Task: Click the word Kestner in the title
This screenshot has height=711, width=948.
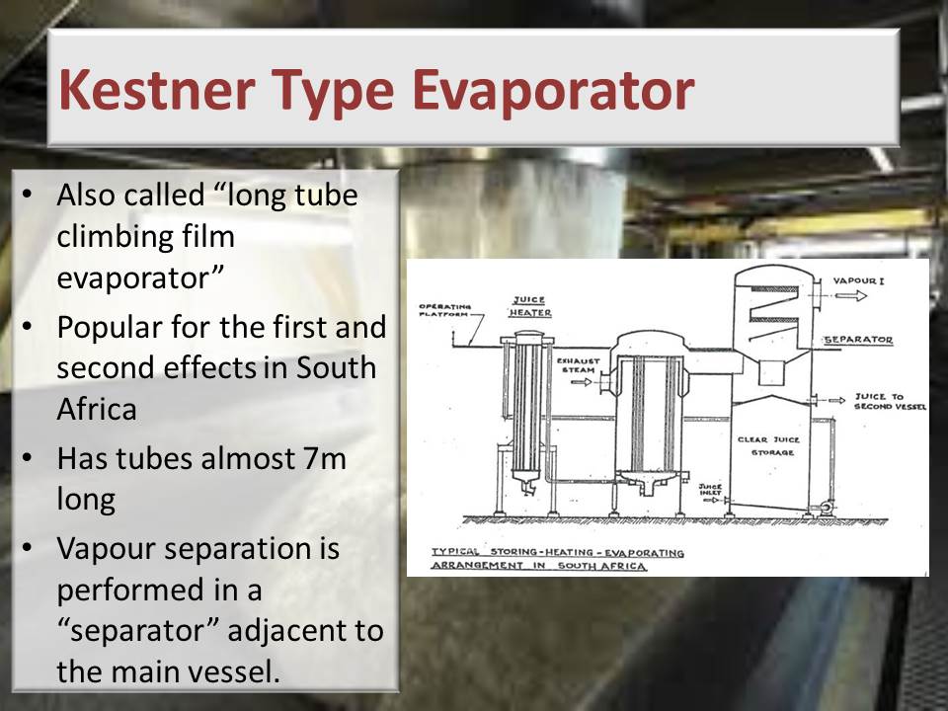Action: pos(157,90)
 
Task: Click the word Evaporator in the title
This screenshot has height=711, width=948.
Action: pos(553,91)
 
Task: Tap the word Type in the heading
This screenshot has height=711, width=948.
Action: pos(333,92)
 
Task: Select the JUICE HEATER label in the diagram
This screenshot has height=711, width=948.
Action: pos(529,306)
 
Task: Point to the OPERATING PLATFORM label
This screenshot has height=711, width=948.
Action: pos(445,310)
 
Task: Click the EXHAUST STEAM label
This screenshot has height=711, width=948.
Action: pos(578,365)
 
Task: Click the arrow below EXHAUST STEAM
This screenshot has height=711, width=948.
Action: pos(581,382)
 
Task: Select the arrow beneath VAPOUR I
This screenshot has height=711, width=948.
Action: pos(851,295)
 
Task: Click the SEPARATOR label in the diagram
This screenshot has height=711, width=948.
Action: pos(858,340)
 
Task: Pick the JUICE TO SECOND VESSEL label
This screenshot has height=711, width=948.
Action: pos(890,402)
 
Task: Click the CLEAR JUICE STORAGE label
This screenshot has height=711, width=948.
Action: pos(768,445)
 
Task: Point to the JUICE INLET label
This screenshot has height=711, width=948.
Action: pos(710,489)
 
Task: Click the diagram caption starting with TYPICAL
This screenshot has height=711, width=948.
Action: pos(557,559)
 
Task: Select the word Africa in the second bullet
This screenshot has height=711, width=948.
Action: pos(97,409)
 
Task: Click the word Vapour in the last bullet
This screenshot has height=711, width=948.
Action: pos(106,548)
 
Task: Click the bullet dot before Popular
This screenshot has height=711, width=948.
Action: pos(27,326)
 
